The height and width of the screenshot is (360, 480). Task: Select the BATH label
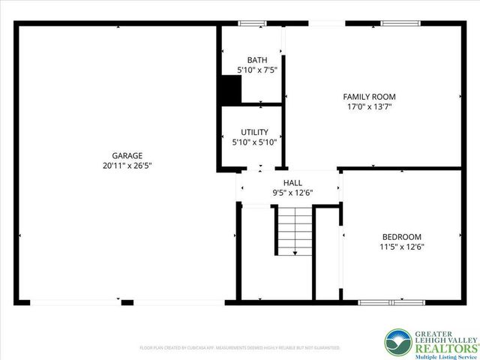tap(257, 60)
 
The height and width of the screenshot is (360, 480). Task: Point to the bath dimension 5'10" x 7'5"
tap(257, 70)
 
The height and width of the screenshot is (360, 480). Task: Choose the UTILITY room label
tap(254, 132)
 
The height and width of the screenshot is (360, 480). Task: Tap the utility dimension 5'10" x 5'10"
tap(254, 142)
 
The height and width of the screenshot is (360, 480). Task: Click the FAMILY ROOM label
tap(369, 97)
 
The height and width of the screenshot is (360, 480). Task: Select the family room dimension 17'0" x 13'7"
tap(369, 106)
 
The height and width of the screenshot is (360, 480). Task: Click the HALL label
tap(292, 182)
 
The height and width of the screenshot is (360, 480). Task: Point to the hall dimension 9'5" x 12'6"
tap(292, 192)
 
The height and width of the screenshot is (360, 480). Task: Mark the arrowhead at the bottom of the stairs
tap(295, 253)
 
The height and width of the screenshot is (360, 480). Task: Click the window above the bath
tap(253, 23)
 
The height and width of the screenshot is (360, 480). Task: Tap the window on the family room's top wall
tap(401, 23)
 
